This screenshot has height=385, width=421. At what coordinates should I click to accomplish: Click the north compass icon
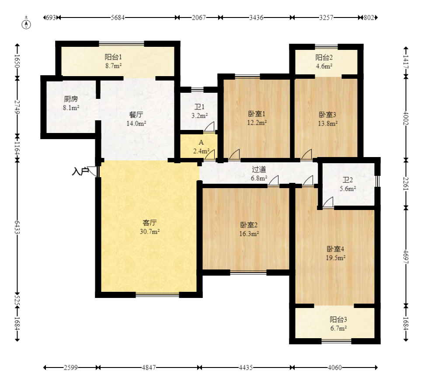click(26, 23)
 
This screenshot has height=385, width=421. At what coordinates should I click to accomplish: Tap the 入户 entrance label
click(80, 171)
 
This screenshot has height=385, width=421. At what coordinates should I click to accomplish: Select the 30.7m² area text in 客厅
click(150, 231)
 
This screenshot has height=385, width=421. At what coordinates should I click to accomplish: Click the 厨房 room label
click(71, 99)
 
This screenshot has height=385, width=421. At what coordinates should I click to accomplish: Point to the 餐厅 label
click(136, 115)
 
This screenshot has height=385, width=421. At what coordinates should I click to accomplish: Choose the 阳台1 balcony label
click(113, 57)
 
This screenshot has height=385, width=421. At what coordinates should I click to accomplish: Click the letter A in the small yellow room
click(201, 142)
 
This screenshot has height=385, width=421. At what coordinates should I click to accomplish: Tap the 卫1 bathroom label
click(199, 107)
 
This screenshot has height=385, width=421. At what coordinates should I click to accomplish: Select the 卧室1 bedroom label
click(257, 114)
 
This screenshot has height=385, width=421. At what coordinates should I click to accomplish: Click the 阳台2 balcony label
click(324, 57)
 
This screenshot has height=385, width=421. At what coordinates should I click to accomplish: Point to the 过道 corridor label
click(259, 169)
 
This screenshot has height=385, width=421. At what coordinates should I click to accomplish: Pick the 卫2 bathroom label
click(348, 180)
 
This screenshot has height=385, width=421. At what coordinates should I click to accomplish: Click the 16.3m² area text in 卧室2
click(249, 234)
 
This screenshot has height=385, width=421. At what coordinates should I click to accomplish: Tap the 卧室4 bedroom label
click(335, 249)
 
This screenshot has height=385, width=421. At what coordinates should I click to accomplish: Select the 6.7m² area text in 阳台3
click(338, 328)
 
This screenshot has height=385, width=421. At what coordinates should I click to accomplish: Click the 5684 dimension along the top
click(118, 17)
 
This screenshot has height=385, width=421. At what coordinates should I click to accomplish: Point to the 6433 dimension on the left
click(17, 227)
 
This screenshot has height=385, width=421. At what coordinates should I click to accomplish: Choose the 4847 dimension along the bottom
click(149, 367)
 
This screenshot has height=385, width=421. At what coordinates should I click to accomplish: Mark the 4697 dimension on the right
click(406, 257)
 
